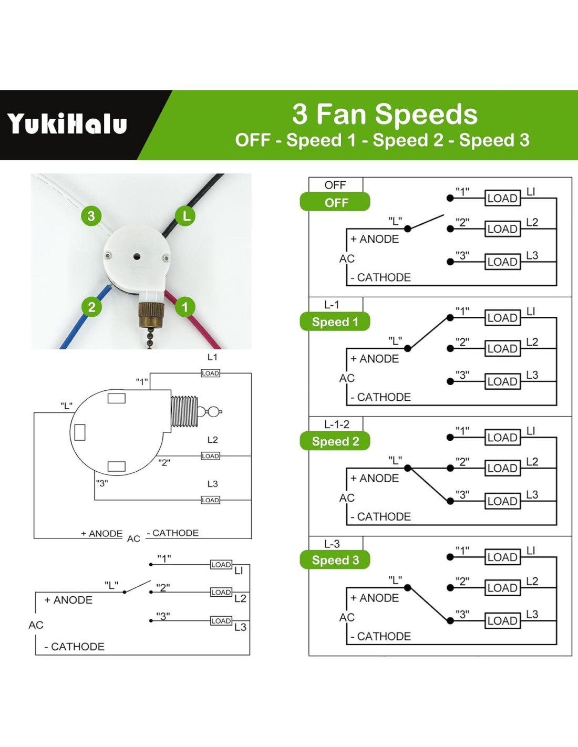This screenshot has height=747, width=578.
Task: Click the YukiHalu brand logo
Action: coord(67,124)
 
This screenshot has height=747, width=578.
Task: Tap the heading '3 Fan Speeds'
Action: coord(385,114)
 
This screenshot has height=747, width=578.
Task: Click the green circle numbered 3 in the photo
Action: coord(91,216)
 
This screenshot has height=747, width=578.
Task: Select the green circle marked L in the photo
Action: coord(185,216)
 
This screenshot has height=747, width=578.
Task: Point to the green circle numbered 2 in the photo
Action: coord(91,307)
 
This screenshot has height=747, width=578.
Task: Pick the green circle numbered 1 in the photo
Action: coord(184,307)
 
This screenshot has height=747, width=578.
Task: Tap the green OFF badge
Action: coord(335,202)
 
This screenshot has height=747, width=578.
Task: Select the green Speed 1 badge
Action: coord(335,321)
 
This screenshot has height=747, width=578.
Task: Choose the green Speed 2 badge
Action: coord(335,441)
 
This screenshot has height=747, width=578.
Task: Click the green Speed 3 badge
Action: coord(335,560)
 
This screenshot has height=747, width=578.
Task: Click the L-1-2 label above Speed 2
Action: coord(337,424)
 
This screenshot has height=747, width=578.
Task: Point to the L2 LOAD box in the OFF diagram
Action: coord(502,229)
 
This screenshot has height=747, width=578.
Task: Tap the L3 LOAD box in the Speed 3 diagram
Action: coord(502,620)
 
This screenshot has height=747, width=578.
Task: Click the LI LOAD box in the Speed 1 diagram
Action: coord(502,318)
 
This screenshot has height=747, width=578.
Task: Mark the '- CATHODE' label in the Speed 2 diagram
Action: coord(380,516)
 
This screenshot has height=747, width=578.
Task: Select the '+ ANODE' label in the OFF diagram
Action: coord(375,239)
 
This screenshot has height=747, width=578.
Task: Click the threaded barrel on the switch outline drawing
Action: coord(184,412)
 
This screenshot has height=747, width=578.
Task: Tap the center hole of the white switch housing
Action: coord(137,257)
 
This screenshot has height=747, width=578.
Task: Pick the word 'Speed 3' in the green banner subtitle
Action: coord(494,140)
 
